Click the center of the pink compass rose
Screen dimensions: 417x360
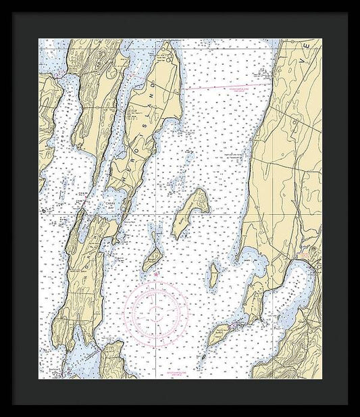pos(156,310)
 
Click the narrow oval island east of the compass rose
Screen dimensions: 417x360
pos(213,273)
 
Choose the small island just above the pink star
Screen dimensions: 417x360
pos(153,257)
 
